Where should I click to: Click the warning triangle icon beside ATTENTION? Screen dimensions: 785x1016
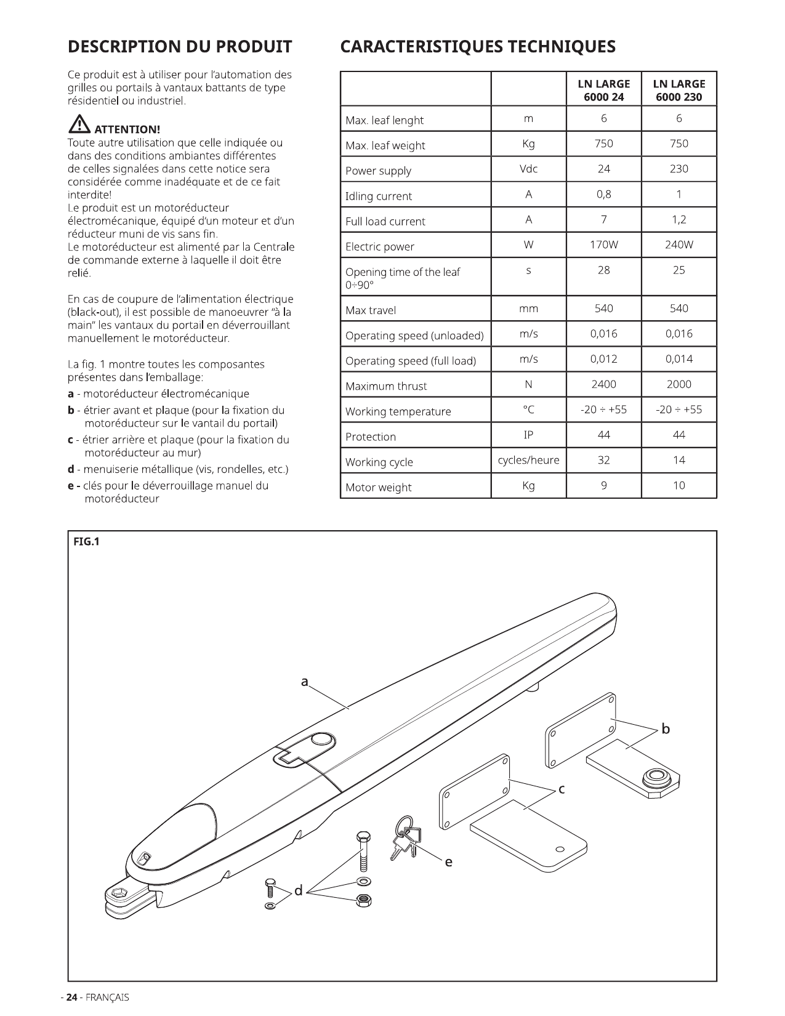coord(79,124)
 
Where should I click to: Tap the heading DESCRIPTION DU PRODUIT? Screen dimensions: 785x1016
coord(180,47)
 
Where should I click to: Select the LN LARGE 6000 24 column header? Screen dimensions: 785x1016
coord(603,91)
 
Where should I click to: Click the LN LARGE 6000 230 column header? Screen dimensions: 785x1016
coord(679,91)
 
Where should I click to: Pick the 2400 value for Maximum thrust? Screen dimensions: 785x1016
coord(603,384)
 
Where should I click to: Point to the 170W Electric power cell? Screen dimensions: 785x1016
coord(603,244)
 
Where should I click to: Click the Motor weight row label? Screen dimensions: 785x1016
coord(378,487)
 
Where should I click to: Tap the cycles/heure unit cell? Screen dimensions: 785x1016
coord(528,460)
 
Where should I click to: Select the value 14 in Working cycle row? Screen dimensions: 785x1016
coord(679,460)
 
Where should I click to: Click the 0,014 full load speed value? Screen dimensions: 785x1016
coord(679,359)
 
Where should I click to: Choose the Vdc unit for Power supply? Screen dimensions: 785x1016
coord(528,169)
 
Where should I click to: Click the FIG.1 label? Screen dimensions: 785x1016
coord(86,541)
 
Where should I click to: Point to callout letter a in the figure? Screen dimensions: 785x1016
coord(305,682)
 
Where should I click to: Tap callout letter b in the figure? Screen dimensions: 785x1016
coord(666,729)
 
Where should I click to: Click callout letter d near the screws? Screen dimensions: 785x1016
coord(298,890)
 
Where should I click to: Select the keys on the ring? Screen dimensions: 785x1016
coord(405,838)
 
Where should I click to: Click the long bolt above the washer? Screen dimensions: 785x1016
coord(363,851)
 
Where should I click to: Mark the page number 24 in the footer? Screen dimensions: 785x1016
coord(71,997)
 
